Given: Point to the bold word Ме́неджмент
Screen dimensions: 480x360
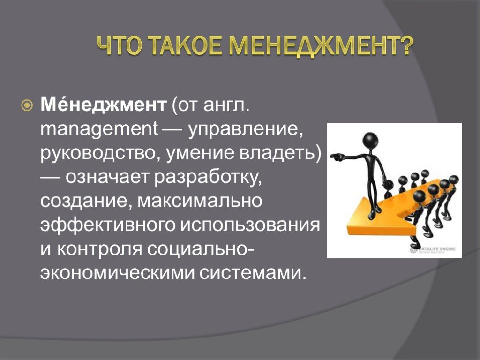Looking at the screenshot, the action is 104,105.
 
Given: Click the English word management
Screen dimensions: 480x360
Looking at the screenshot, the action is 99,130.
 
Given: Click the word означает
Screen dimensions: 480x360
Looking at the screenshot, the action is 107,177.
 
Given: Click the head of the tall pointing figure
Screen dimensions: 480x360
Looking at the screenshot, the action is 371,141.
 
